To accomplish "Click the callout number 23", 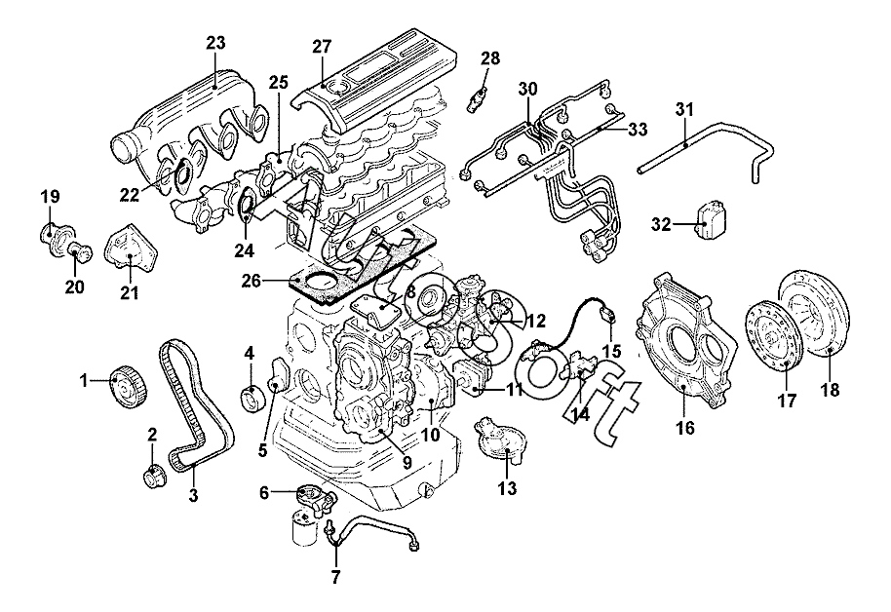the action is point(215,43).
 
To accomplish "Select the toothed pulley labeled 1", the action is point(129,388).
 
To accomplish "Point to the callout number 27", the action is point(322,47).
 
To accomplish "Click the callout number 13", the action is point(508,487).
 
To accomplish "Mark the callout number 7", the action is point(335,578).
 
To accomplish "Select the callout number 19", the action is point(50,197).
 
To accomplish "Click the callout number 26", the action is point(252,281).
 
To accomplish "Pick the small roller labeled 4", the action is point(252,397).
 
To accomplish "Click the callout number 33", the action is point(638,130).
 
